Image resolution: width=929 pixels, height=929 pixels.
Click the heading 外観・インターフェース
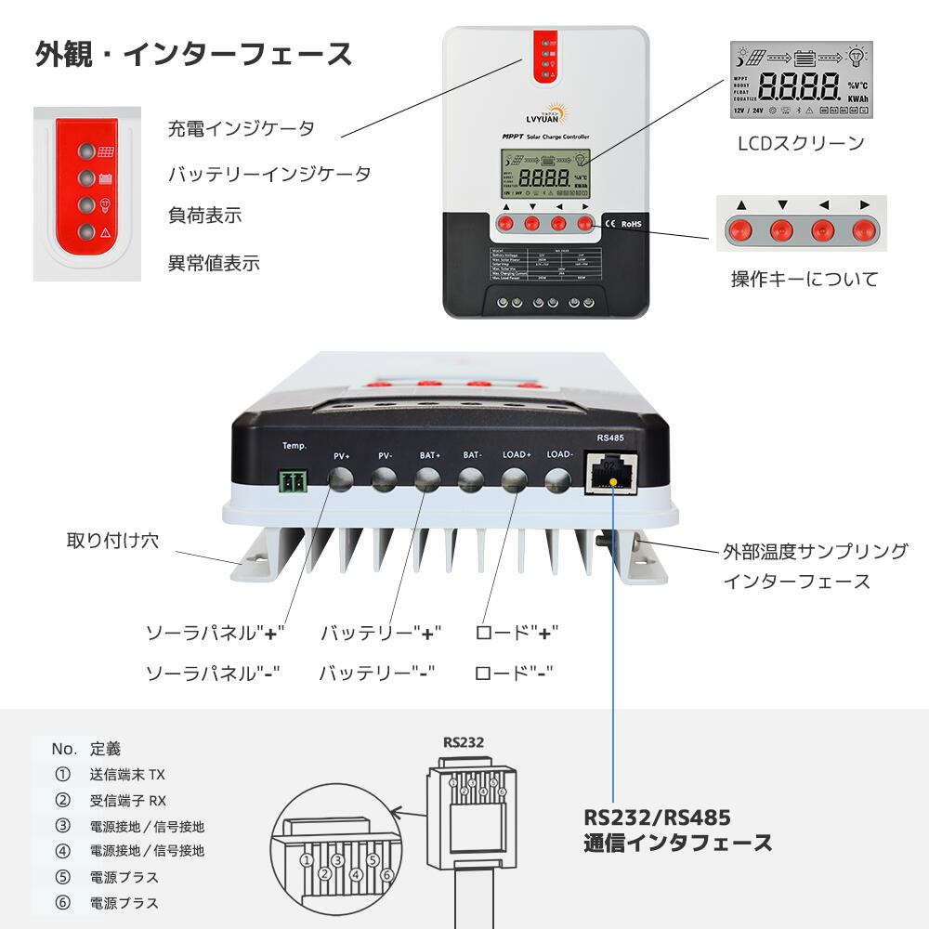194,54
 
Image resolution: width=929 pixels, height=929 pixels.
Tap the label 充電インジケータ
241,128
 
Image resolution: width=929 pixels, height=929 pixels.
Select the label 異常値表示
213,263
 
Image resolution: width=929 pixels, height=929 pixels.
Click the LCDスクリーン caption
800,143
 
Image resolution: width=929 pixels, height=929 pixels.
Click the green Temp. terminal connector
294,480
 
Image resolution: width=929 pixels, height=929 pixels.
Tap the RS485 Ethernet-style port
613,474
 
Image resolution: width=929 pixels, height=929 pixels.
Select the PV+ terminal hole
341,479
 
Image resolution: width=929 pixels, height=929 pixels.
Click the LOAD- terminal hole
557,479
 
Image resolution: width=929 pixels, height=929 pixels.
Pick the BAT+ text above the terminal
429,456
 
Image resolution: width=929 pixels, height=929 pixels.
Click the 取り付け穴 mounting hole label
112,540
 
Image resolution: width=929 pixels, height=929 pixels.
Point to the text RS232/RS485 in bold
657,818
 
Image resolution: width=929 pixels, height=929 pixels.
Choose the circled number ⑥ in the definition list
63,902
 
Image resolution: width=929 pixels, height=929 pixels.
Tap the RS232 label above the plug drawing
464,741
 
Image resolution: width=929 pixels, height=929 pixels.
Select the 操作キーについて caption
804,279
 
